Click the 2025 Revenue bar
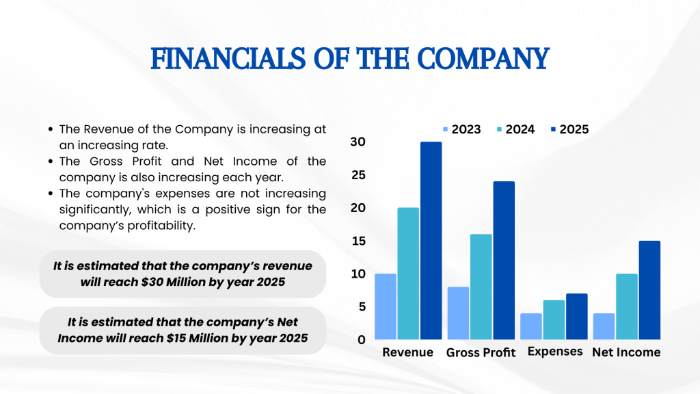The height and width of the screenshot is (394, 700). (431, 240)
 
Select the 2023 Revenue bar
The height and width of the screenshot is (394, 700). (386, 306)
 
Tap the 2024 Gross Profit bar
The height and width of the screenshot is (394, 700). (481, 287)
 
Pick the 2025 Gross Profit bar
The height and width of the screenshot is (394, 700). (504, 260)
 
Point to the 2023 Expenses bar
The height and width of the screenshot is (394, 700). (531, 326)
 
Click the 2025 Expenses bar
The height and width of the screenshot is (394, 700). (577, 316)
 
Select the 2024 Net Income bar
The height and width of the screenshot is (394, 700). (627, 306)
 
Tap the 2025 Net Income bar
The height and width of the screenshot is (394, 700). (649, 290)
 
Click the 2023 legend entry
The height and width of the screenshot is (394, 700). (462, 129)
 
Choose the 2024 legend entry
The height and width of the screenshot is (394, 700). (516, 129)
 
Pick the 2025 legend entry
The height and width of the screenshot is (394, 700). (570, 129)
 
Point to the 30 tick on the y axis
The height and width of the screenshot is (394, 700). (358, 142)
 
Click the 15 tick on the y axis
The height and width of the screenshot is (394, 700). (358, 241)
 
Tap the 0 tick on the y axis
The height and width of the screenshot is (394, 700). (362, 339)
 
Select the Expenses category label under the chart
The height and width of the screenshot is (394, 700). (555, 352)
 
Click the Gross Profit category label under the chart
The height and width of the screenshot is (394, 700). (481, 352)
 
